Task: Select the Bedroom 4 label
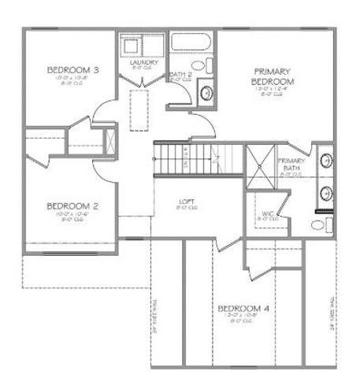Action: click(243, 308)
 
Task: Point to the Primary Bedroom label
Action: click(273, 76)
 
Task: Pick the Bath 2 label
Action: click(180, 76)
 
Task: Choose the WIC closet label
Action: click(267, 214)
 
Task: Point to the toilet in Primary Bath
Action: click(320, 226)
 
